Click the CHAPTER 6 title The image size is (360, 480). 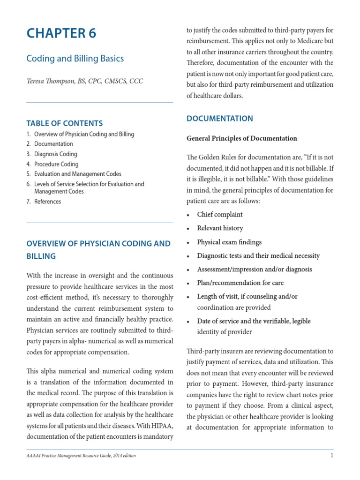click(x=61, y=34)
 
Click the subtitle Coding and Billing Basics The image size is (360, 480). click(x=75, y=59)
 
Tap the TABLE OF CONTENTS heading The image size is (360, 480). click(x=64, y=123)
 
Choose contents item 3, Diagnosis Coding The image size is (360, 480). click(x=55, y=154)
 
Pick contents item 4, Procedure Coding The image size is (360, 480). click(x=56, y=164)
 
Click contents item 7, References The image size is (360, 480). click(x=47, y=202)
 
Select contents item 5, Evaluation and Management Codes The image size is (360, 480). click(x=77, y=174)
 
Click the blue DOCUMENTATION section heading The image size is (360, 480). click(x=219, y=119)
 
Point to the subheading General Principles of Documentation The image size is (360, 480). click(x=241, y=138)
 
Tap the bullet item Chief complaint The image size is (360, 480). click(x=219, y=215)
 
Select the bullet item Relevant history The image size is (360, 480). click(x=220, y=228)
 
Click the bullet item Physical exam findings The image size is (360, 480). click(x=229, y=242)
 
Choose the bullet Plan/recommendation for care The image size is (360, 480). click(x=240, y=283)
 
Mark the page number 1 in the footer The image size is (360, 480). click(x=332, y=456)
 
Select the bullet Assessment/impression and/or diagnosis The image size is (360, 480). click(x=254, y=270)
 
